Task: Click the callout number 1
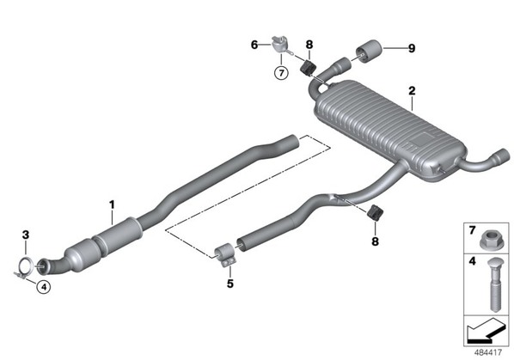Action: (x=112, y=205)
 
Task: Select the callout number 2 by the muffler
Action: (x=412, y=91)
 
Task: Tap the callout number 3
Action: (x=26, y=235)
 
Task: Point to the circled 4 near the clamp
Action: (x=44, y=287)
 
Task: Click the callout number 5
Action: (x=230, y=284)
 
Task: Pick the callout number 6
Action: (x=254, y=45)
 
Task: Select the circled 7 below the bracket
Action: (x=281, y=73)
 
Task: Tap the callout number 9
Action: (x=412, y=48)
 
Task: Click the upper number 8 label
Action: (x=309, y=45)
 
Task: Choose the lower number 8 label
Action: (x=375, y=241)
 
